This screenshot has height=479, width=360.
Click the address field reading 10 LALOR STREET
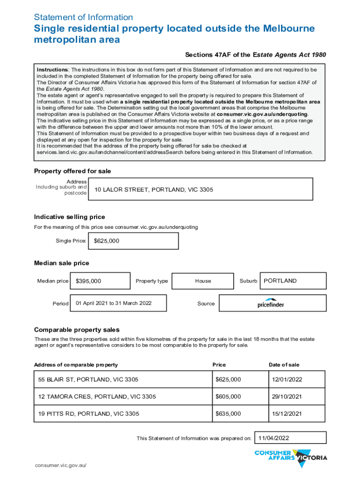200,189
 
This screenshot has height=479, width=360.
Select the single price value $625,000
133,241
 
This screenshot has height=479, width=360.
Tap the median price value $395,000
100,281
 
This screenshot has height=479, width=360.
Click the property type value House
203,281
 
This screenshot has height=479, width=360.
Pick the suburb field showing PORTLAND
292,281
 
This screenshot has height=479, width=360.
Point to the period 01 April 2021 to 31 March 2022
117,303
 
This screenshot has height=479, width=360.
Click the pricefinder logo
271,303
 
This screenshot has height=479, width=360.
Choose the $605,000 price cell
239,397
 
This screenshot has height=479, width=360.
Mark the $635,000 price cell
239,414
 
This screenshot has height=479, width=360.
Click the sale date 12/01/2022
296,379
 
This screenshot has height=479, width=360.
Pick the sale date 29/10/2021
296,397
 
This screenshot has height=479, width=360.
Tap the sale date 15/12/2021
296,414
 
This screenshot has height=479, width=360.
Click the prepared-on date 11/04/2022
290,438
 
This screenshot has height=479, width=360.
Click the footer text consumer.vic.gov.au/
61,466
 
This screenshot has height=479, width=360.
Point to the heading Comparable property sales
77,330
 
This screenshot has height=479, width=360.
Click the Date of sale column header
284,365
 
